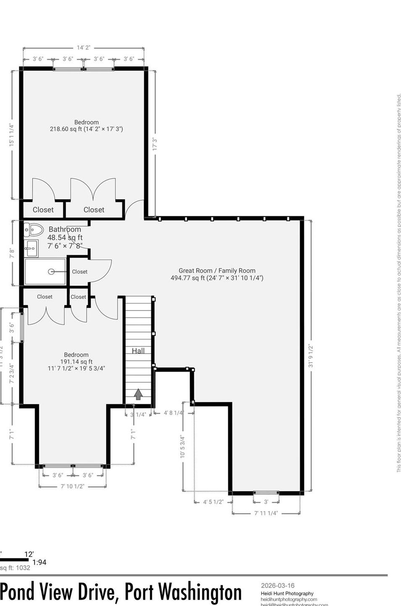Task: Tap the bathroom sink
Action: click(31, 248)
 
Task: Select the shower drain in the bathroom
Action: click(51, 272)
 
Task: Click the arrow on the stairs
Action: click(138, 394)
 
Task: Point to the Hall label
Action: click(138, 351)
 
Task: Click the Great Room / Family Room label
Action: click(217, 271)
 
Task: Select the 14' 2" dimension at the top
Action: click(83, 48)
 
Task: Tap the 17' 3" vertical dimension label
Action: click(155, 144)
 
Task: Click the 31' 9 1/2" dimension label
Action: click(311, 356)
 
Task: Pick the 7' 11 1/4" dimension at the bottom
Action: click(266, 513)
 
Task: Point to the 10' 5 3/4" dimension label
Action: click(182, 446)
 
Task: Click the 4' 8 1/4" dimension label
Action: click(174, 413)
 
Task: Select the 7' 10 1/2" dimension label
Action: click(72, 486)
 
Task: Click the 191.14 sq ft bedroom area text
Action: click(76, 362)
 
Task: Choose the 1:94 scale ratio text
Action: click(39, 562)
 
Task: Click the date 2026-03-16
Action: click(277, 585)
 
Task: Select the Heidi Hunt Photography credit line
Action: click(287, 593)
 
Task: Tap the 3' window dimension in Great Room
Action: click(266, 502)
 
